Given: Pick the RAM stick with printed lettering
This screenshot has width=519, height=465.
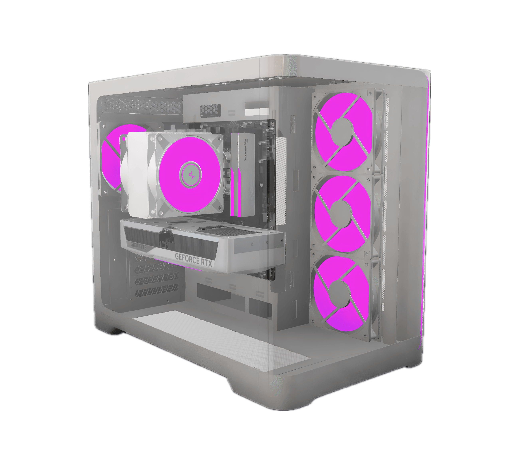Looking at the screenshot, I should [243, 163].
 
